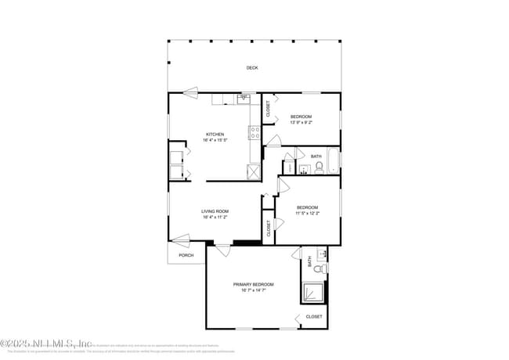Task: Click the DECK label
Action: click(252, 68)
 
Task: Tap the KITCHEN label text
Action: click(215, 134)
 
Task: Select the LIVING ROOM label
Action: click(215, 211)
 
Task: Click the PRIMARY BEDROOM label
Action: click(253, 284)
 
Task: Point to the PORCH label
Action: click(186, 255)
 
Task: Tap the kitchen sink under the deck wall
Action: click(244, 99)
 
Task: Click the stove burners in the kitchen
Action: click(255, 132)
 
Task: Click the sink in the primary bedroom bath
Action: click(321, 255)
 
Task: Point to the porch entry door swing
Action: click(181, 239)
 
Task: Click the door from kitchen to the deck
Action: click(191, 91)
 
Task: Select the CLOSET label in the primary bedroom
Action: click(313, 317)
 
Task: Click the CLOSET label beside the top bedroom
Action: click(268, 110)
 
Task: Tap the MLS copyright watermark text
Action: click(47, 343)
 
